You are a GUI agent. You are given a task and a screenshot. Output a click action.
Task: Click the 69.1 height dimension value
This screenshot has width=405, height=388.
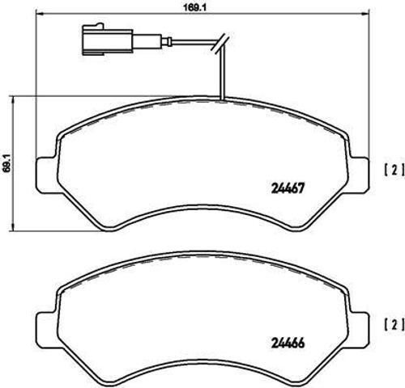[x=7, y=162]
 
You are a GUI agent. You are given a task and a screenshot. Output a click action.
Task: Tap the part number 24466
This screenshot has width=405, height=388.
[x=286, y=342]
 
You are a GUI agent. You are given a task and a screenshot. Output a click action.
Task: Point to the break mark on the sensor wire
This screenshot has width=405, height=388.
[x=220, y=44]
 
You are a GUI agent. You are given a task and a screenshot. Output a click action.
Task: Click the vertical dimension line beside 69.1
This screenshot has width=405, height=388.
[x=19, y=162]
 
